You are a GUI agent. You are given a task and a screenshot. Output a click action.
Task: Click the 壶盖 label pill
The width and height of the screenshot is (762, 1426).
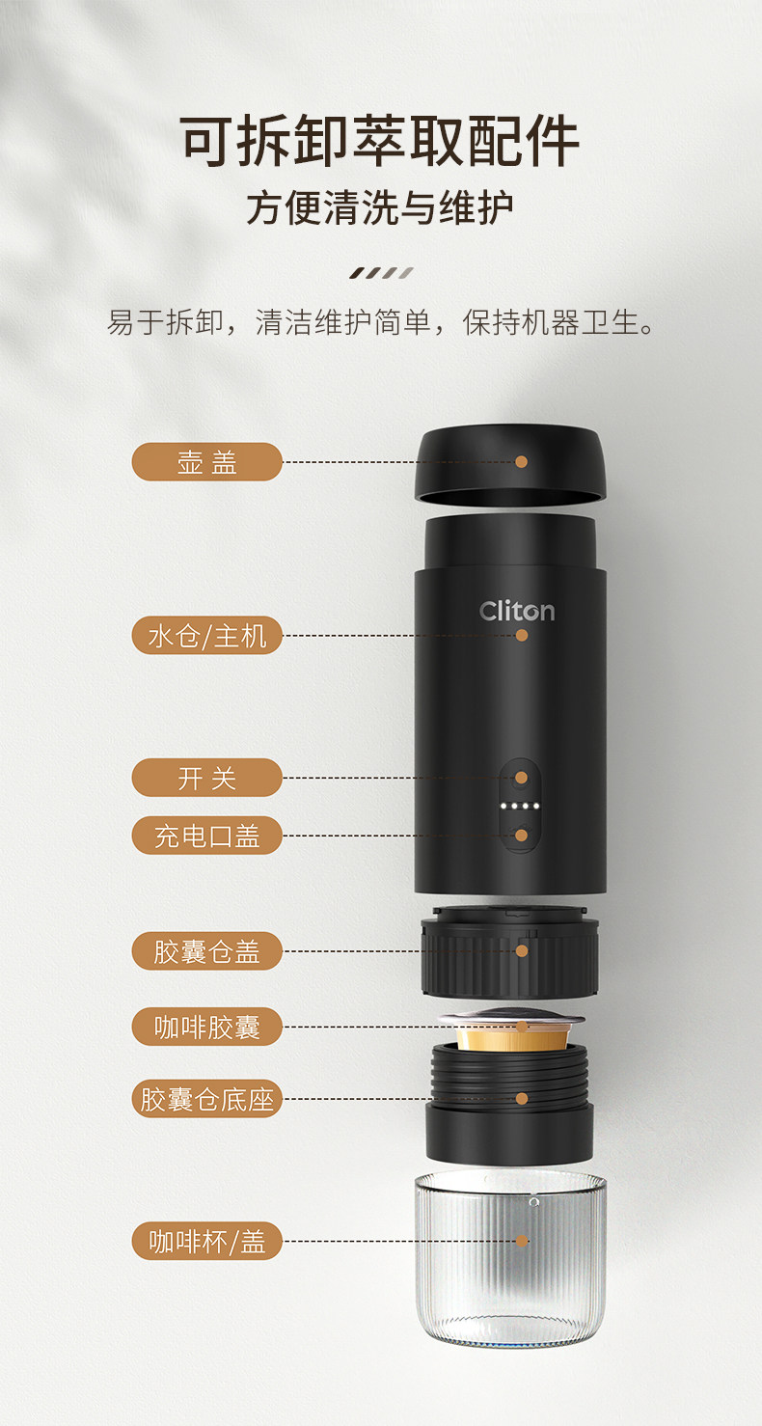tap(206, 461)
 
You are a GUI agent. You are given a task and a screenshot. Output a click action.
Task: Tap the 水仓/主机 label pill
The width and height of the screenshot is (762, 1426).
tap(206, 636)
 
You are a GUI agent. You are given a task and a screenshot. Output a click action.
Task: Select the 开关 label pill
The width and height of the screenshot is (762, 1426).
tap(206, 778)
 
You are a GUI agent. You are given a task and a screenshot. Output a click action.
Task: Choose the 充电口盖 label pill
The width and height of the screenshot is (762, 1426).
tap(206, 836)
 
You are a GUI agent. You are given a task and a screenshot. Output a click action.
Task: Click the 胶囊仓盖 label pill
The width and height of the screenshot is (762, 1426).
tap(206, 951)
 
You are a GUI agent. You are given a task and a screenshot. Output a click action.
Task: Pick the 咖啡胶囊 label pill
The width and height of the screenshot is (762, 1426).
tap(206, 1027)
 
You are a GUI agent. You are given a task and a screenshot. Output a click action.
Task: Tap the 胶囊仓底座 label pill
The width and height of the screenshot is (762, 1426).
tap(206, 1099)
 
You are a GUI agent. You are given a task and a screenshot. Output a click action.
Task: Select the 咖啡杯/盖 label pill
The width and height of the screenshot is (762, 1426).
tap(206, 1241)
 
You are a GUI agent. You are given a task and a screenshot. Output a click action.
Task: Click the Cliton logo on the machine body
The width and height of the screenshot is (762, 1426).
tap(517, 611)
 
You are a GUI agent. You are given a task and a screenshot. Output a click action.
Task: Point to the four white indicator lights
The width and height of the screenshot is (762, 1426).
tap(521, 806)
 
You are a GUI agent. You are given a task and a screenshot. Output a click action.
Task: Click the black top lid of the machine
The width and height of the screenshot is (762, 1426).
tap(509, 465)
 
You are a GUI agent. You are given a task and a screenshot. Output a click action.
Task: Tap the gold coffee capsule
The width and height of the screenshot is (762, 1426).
tap(511, 1031)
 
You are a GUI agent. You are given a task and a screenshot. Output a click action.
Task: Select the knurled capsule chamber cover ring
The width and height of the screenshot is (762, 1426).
tap(509, 953)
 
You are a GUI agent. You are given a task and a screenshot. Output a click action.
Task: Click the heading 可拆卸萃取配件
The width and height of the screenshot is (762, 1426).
tap(380, 141)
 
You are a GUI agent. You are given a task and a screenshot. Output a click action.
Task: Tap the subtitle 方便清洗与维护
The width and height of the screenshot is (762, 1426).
tap(380, 208)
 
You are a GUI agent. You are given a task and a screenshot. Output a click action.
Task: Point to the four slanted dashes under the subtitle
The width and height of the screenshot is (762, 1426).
tap(381, 273)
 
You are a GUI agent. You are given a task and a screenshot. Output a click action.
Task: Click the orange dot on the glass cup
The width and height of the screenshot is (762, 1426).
tap(522, 1241)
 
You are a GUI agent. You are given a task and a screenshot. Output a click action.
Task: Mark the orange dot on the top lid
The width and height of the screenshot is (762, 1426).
tap(522, 461)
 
